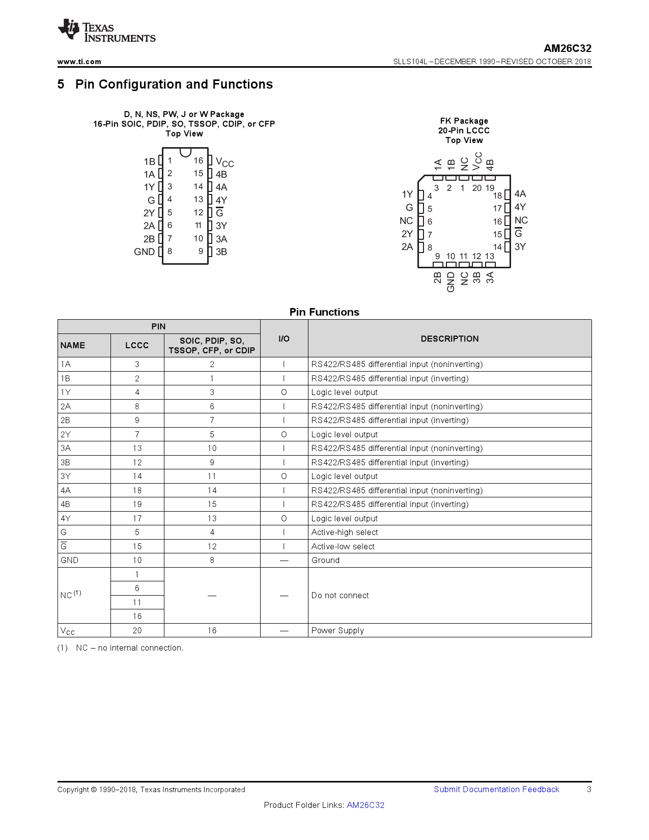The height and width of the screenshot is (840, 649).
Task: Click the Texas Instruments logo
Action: [106, 31]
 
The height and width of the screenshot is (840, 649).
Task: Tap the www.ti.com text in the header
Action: [79, 62]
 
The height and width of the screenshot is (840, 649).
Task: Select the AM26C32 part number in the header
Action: [567, 48]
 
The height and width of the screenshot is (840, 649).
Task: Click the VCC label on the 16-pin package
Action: [224, 162]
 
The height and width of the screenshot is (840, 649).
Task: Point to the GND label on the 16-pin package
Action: [144, 252]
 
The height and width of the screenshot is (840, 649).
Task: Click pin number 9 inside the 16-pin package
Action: [201, 251]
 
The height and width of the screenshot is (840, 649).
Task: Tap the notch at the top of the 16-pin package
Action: [185, 152]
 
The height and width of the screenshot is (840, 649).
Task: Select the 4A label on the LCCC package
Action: [520, 194]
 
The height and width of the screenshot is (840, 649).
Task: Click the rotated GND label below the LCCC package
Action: [450, 282]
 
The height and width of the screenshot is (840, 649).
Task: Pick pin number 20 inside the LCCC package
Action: [476, 188]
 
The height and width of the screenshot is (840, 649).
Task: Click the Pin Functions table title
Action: [324, 312]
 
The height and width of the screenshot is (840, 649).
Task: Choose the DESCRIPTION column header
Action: [449, 339]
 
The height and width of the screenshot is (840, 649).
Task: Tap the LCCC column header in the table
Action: [137, 345]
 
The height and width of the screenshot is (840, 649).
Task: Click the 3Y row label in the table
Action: [66, 477]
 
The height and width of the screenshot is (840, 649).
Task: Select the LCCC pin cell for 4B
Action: [137, 505]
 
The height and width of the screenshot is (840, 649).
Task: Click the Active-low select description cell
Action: [343, 546]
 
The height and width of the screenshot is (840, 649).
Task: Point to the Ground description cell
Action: [325, 561]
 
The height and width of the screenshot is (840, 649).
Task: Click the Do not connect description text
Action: [340, 596]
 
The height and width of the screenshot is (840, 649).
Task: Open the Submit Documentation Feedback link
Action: [496, 790]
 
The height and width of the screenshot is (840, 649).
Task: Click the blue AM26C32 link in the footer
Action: [365, 805]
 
